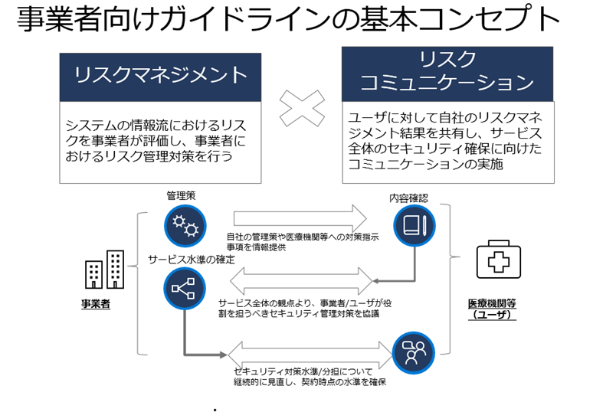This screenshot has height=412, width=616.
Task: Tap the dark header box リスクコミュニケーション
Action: pos(447,71)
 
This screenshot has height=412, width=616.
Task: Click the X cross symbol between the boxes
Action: pos(301,108)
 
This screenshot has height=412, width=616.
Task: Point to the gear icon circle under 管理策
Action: pos(185,224)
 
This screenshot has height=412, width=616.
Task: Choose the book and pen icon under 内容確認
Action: pos(414,225)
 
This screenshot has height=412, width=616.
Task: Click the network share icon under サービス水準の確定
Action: pos(185,288)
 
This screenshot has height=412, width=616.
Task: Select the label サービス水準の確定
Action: pos(192,259)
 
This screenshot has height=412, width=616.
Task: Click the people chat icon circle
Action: pos(414,352)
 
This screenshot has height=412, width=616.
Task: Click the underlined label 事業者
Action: pos(97,304)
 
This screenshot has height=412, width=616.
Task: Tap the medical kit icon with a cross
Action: pos(499,260)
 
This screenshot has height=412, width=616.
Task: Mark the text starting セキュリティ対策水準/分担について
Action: pos(310,376)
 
